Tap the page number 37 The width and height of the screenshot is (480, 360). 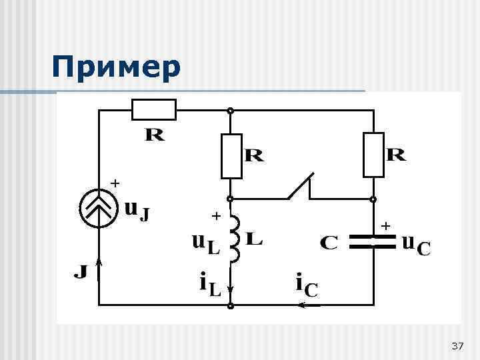click(457, 346)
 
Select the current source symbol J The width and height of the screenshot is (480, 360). click(98, 209)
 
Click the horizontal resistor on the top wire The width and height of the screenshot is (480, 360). click(154, 109)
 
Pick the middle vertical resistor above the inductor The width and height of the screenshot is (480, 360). click(231, 155)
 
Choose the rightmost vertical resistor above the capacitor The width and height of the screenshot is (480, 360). click(373, 155)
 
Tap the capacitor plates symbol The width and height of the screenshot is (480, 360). click(373, 241)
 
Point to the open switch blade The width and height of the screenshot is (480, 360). click(301, 186)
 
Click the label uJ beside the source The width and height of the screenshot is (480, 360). click(137, 210)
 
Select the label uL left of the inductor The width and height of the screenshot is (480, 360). click(205, 244)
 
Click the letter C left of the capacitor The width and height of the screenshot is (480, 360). click(329, 243)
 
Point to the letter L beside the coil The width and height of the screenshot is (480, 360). click(254, 238)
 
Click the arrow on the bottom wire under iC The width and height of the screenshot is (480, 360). click(309, 305)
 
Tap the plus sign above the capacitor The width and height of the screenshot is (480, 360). click(385, 227)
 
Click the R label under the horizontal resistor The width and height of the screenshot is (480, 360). click(154, 135)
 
